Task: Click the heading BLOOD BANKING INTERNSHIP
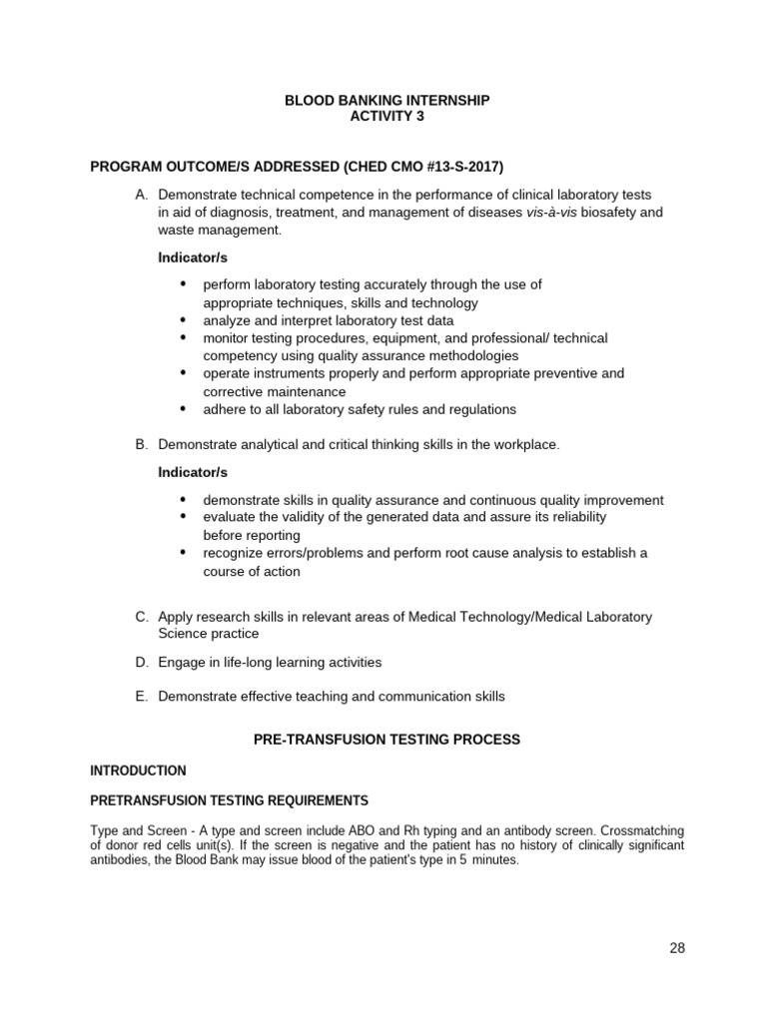(x=387, y=101)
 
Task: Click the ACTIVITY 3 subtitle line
(x=387, y=117)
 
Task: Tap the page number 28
(x=677, y=948)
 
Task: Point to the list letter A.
(x=141, y=195)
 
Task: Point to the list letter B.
(x=141, y=444)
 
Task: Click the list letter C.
(x=141, y=617)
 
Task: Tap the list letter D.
(x=141, y=662)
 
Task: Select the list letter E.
(x=141, y=697)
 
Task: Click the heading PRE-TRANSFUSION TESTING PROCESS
(x=387, y=740)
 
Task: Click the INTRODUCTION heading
(x=138, y=770)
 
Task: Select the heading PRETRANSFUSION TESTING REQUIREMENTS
(x=229, y=800)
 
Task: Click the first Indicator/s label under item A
(x=192, y=257)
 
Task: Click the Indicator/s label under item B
(x=192, y=472)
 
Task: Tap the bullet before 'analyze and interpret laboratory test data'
(x=183, y=320)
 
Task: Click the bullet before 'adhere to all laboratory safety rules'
(x=183, y=408)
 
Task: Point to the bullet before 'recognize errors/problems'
(x=183, y=552)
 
